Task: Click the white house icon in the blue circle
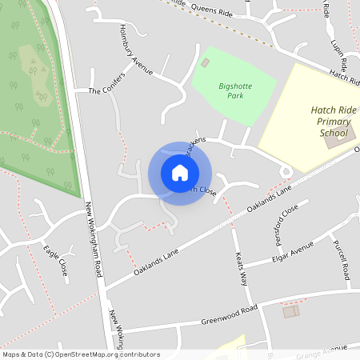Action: (x=180, y=173)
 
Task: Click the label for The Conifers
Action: (x=107, y=90)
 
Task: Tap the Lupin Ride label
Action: (x=339, y=51)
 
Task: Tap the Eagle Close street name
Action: (x=56, y=260)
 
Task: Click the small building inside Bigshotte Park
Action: (x=206, y=62)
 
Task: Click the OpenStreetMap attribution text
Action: (x=80, y=354)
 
